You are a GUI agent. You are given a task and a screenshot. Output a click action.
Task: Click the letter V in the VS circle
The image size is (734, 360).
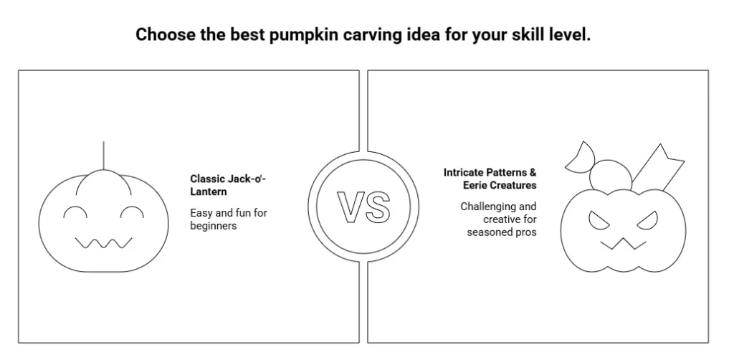[351, 207]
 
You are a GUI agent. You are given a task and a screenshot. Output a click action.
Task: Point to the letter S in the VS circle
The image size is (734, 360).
[377, 207]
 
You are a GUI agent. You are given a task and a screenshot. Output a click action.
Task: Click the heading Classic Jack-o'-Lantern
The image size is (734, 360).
[228, 185]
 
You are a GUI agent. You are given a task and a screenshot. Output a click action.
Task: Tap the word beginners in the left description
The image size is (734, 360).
[214, 226]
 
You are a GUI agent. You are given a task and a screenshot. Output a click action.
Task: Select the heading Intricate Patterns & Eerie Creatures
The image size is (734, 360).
[490, 179]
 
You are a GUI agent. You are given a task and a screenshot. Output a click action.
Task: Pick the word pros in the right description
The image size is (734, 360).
[527, 232]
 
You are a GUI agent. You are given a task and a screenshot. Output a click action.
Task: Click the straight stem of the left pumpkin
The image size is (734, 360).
[103, 156]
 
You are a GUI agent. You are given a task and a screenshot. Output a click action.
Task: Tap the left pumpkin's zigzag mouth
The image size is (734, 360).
[103, 243]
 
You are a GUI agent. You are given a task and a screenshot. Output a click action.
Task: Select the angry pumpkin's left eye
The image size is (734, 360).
[599, 221]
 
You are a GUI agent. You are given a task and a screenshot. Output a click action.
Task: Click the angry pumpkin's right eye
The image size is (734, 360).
[648, 221]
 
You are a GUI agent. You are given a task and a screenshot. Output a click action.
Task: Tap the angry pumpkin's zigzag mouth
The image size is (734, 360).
[623, 244]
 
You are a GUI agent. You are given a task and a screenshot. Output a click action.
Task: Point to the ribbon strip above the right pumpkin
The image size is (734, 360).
[658, 168]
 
